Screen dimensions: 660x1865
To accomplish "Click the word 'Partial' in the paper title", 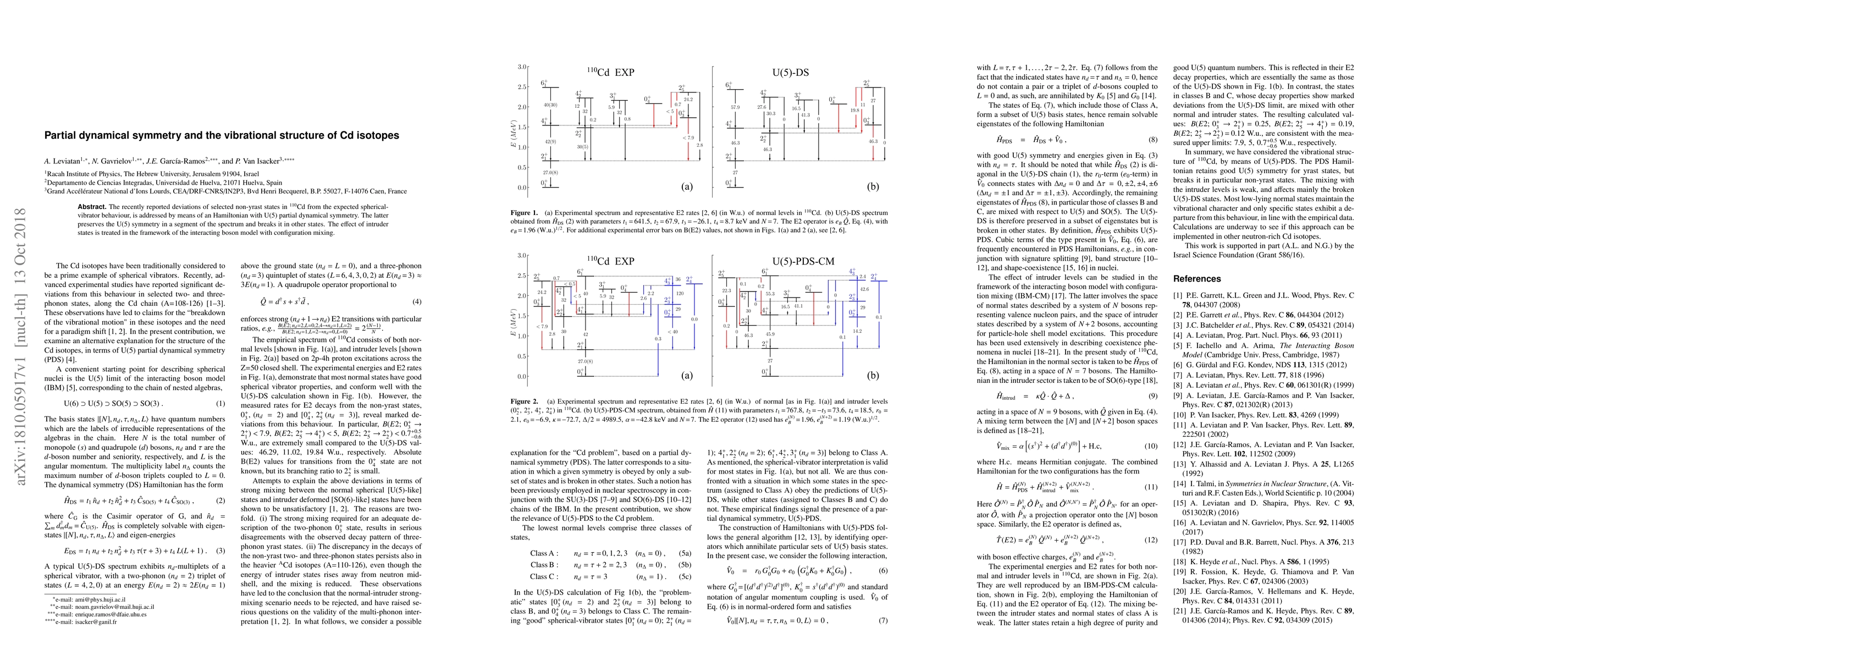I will tap(62, 135).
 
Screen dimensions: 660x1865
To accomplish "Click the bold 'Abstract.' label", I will tap(91, 206).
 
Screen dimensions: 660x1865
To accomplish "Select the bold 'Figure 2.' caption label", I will tap(525, 400).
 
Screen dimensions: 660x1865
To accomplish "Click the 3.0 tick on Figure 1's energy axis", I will tap(521, 67).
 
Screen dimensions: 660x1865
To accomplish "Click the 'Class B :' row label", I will tap(543, 564).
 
